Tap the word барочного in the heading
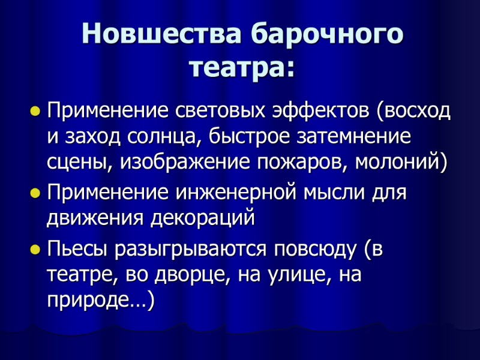327,34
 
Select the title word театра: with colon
242,67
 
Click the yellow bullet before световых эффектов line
35,112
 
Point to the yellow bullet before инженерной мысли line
35,193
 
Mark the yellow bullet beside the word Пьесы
35,249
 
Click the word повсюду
313,248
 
